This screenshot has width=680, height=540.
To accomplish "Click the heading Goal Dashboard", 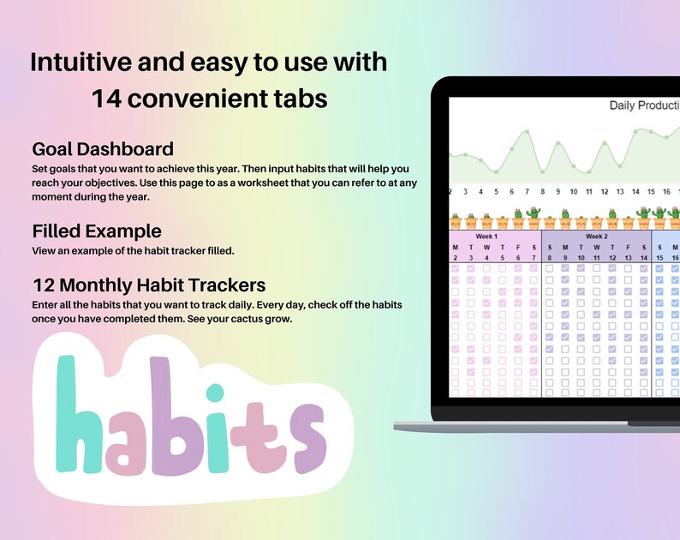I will click(x=103, y=148).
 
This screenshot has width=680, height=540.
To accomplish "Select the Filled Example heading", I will click(x=97, y=231).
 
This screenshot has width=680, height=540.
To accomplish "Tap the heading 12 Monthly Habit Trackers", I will click(x=149, y=285).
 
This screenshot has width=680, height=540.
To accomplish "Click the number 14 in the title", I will click(x=109, y=99).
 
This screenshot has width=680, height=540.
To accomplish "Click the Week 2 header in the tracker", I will click(x=596, y=236).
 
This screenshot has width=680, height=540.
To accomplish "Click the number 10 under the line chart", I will click(x=574, y=192).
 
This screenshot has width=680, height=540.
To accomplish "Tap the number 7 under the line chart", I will click(x=528, y=192).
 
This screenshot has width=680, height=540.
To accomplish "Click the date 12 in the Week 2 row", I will click(x=611, y=257).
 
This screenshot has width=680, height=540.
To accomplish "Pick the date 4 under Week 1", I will click(x=486, y=257).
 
